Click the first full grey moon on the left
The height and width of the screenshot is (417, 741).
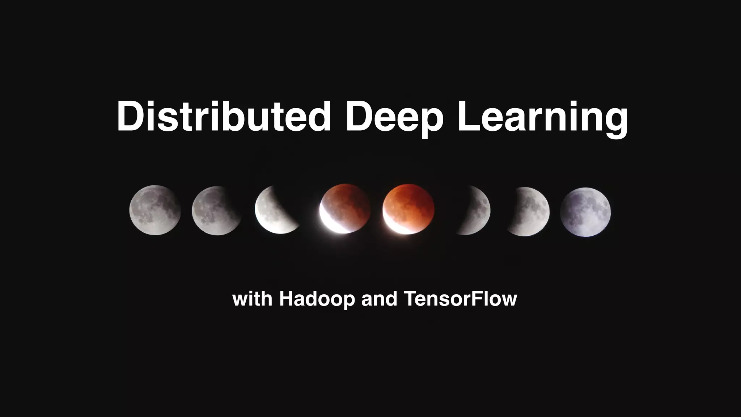tap(155, 210)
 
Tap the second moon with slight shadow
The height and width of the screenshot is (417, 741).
tap(216, 211)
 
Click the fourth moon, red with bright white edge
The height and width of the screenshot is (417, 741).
tap(346, 208)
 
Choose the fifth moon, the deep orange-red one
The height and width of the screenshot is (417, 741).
tap(409, 208)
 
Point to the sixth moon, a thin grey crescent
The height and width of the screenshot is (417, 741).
tap(476, 211)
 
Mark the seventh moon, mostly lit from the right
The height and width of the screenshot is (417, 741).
tap(532, 212)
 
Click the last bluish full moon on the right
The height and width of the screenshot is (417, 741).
tap(585, 212)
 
